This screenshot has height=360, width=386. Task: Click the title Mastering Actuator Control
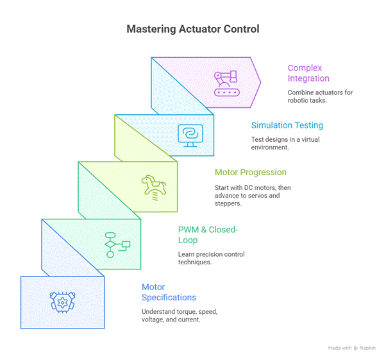[x=192, y=30]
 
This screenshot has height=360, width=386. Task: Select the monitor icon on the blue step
[x=190, y=135]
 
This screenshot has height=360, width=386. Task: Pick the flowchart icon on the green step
[x=117, y=243]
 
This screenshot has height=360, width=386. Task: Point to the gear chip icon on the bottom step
[x=62, y=302]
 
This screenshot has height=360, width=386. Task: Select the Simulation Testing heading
[x=287, y=125]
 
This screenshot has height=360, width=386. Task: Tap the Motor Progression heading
[x=250, y=173]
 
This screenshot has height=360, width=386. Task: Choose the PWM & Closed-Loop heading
[x=208, y=235]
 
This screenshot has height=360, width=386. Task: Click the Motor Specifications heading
[x=169, y=292]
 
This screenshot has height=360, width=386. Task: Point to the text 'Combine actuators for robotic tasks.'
[x=320, y=96]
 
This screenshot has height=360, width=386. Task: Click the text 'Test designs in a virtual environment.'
[x=283, y=144]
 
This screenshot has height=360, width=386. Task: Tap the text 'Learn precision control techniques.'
[x=211, y=258]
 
